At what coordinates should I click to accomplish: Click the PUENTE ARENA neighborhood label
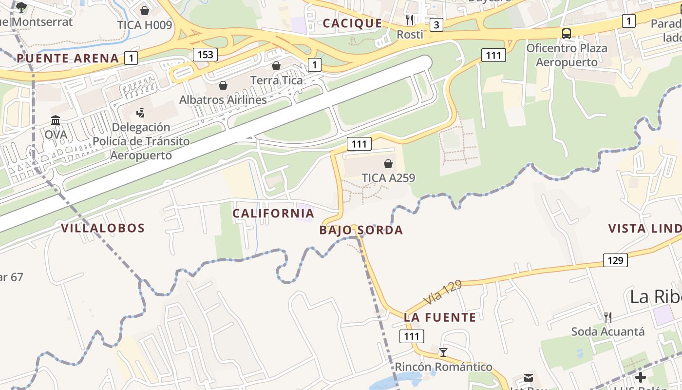68,58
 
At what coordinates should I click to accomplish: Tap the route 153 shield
205,54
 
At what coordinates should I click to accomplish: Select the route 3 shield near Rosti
436,25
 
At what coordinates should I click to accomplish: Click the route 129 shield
615,260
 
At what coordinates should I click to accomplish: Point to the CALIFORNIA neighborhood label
273,214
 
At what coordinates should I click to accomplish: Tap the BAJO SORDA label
361,230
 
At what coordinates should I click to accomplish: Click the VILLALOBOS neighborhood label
103,228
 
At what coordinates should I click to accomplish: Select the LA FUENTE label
440,317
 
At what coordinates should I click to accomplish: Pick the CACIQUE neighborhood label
353,23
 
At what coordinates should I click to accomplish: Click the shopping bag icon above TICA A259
388,164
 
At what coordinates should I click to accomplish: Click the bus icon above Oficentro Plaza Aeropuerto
567,34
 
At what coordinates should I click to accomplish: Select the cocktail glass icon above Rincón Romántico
443,352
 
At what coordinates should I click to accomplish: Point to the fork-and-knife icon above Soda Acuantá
608,317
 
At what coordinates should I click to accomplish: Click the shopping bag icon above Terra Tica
276,66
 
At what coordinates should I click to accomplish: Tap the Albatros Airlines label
223,99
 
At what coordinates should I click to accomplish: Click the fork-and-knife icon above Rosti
410,20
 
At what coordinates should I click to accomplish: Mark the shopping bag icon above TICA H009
145,11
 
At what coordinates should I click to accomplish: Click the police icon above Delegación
141,113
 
